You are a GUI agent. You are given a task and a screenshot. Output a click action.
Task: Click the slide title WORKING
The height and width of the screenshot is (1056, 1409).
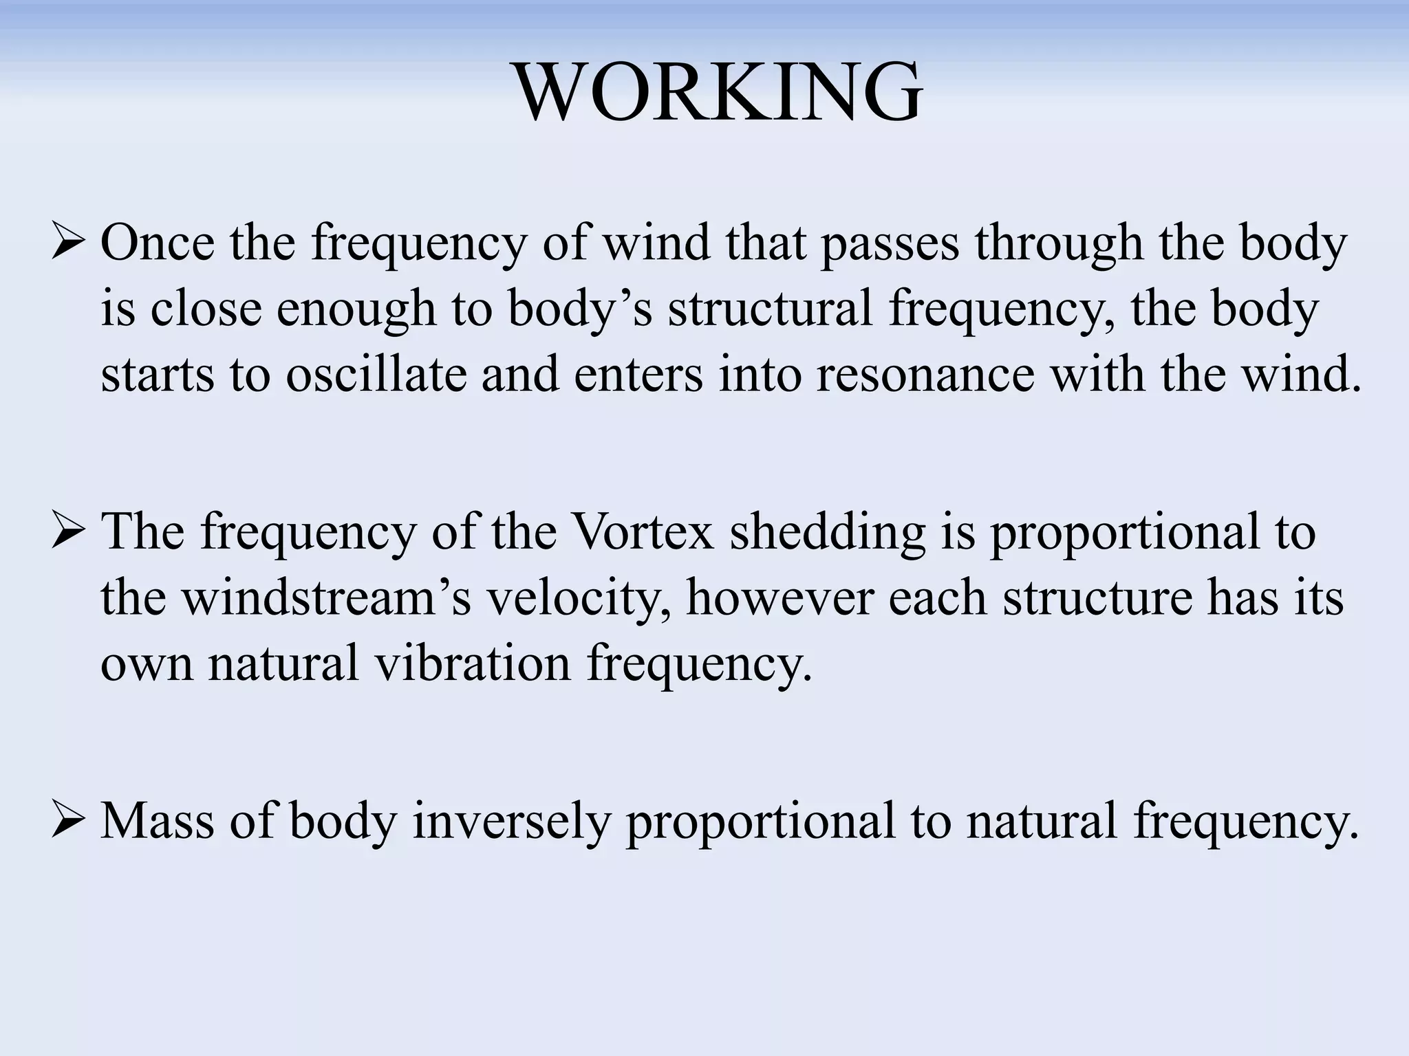pyautogui.click(x=718, y=92)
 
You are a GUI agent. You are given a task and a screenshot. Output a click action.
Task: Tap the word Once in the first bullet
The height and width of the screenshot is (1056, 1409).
pyautogui.click(x=158, y=243)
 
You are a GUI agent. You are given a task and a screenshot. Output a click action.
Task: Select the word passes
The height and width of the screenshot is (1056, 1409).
pyautogui.click(x=890, y=243)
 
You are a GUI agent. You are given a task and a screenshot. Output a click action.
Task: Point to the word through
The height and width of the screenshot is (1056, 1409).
pyautogui.click(x=1059, y=245)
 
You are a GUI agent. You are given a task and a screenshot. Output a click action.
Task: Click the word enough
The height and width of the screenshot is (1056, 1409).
pyautogui.click(x=356, y=309)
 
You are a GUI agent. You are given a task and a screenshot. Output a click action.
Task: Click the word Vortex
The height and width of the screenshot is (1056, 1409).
pyautogui.click(x=643, y=532)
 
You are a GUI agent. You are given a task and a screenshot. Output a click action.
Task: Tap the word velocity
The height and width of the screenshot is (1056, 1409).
pyautogui.click(x=578, y=599)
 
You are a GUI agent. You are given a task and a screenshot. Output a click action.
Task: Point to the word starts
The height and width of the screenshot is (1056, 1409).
pyautogui.click(x=158, y=375)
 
